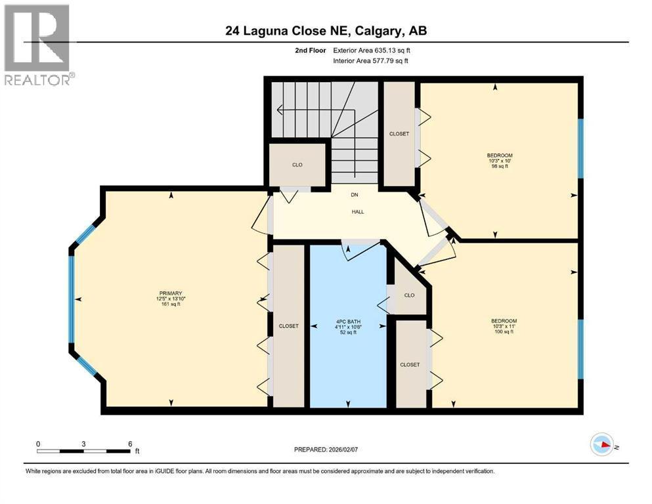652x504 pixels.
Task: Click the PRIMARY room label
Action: pyautogui.click(x=169, y=293)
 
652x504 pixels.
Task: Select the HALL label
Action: pyautogui.click(x=357, y=211)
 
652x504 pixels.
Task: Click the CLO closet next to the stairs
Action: pyautogui.click(x=297, y=165)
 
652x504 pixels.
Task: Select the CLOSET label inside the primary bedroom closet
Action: pyautogui.click(x=288, y=325)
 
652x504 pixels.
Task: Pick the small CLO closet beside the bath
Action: pyautogui.click(x=409, y=295)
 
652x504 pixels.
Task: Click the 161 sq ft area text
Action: pyautogui.click(x=169, y=304)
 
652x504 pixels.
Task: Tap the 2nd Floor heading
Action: pyautogui.click(x=310, y=50)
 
